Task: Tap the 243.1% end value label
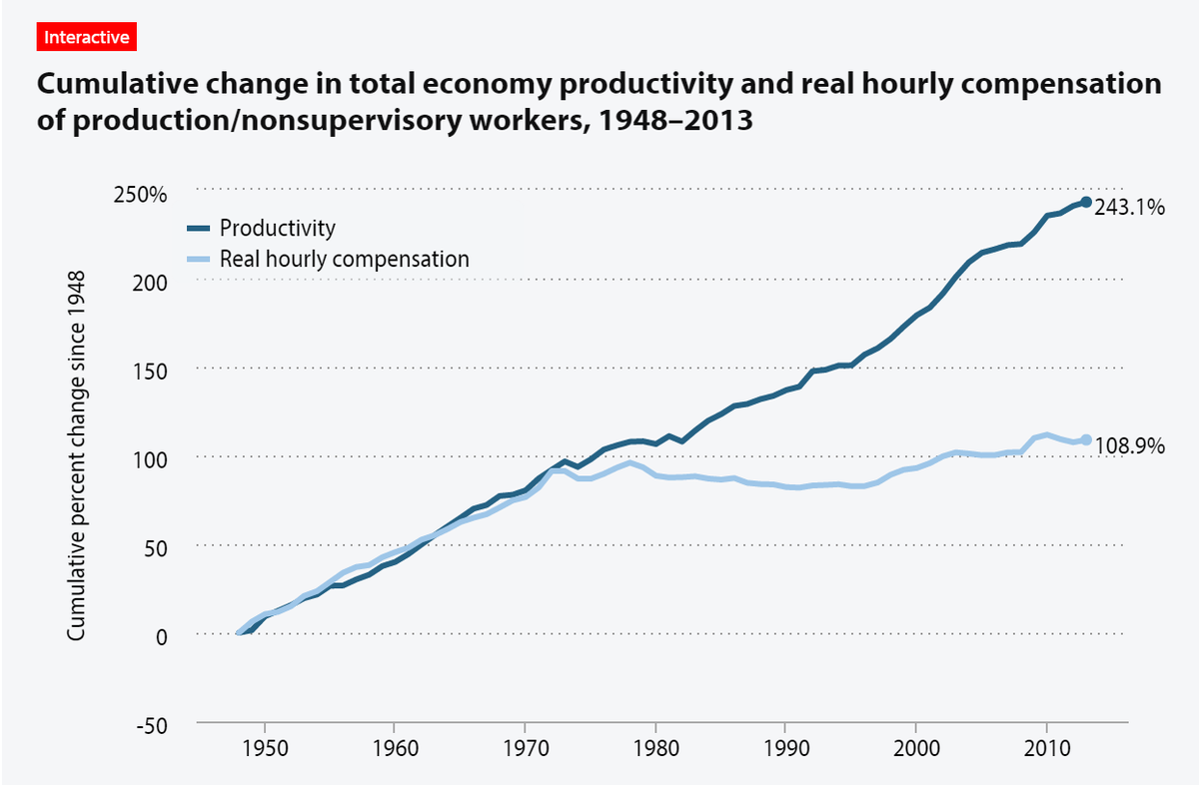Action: click(1129, 209)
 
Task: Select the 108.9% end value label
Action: click(1129, 446)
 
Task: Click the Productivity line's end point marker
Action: click(1086, 203)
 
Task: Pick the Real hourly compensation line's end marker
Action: click(1086, 440)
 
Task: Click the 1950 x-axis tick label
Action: click(264, 749)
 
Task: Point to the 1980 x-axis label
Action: click(655, 749)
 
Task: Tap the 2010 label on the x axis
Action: click(1046, 749)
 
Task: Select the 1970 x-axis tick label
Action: click(525, 749)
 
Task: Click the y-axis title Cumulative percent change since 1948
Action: click(76, 454)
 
